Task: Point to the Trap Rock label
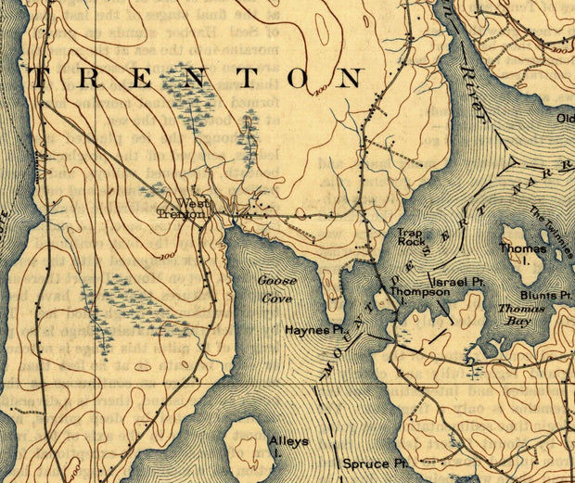pos(412,237)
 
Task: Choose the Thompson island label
pos(419,292)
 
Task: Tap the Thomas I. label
pos(517,253)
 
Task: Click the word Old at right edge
pos(564,119)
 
